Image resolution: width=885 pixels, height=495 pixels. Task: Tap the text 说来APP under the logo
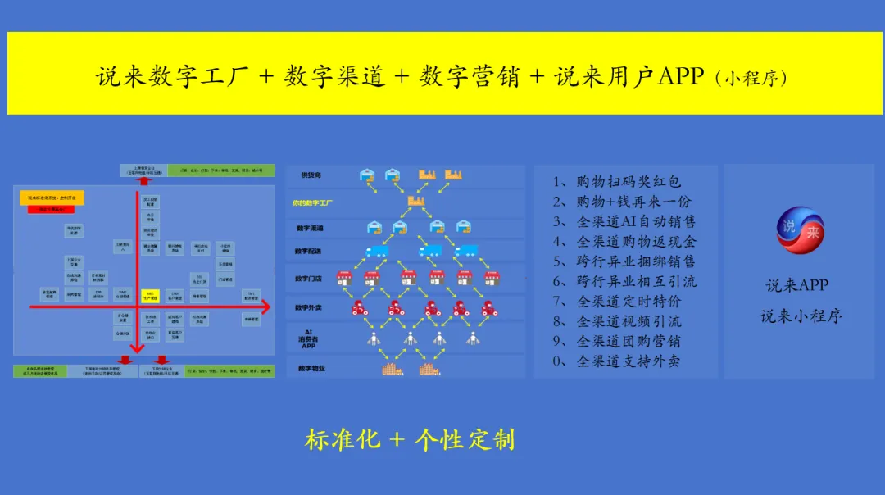(796, 285)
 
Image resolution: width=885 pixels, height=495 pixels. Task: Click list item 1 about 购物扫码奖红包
(617, 182)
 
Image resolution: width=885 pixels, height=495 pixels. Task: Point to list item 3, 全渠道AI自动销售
(624, 221)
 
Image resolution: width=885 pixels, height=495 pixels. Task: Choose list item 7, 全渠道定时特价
(617, 301)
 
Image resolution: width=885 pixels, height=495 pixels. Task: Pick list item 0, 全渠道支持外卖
(617, 361)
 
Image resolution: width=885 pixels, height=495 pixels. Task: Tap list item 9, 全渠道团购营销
(617, 341)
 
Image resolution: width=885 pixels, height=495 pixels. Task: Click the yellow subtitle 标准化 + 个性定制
(410, 439)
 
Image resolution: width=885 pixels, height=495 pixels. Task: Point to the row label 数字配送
(310, 251)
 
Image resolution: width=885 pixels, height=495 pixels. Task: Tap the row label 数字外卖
(310, 307)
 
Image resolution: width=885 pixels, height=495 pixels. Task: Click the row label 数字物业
(311, 369)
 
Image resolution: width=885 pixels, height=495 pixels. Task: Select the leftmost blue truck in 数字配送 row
(376, 251)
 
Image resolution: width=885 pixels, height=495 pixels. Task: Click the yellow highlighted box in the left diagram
(149, 295)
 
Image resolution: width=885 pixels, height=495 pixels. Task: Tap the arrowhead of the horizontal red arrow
(268, 307)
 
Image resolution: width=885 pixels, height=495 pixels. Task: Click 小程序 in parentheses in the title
(750, 79)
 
